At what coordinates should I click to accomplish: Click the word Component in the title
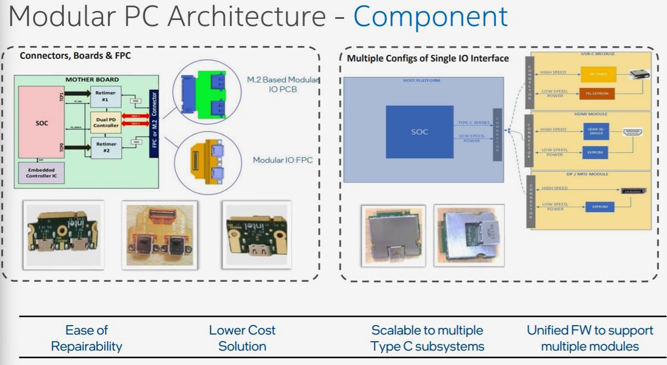(x=430, y=17)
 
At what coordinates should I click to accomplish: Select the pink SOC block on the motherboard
(x=42, y=123)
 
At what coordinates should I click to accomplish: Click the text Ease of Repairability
(x=86, y=338)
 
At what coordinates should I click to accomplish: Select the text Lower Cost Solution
(x=242, y=338)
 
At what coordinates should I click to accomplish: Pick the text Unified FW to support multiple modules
(x=590, y=338)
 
